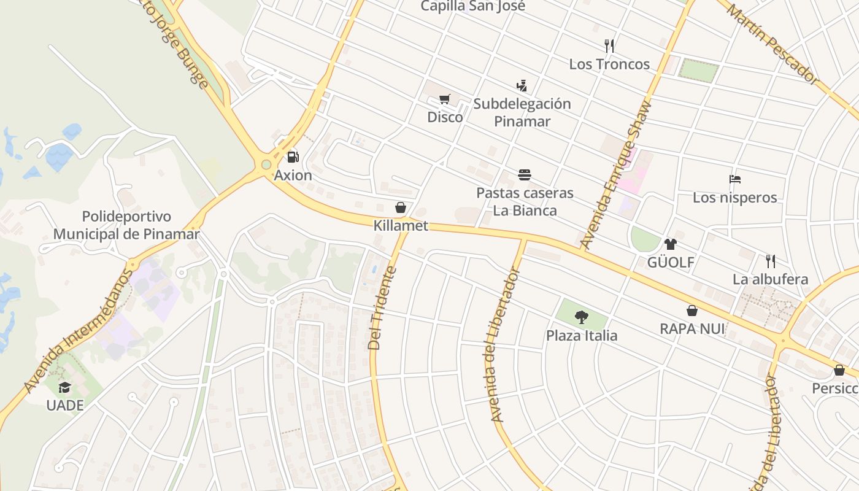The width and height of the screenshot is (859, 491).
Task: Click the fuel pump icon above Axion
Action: click(293, 157)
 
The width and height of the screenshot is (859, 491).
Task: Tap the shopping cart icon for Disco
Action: click(445, 99)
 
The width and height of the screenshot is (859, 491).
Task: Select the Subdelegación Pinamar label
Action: click(522, 112)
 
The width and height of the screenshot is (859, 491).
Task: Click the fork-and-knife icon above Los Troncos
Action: click(609, 46)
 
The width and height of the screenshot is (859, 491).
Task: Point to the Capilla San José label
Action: click(472, 6)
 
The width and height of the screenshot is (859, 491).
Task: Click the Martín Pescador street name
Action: click(774, 42)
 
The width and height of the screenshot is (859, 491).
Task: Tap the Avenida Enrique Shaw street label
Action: click(615, 174)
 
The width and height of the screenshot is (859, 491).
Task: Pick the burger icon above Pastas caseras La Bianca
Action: click(525, 175)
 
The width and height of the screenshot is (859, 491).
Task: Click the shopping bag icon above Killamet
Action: click(401, 208)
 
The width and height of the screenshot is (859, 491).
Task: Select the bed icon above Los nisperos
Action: click(735, 179)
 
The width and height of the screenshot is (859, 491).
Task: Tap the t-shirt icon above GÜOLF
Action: click(670, 244)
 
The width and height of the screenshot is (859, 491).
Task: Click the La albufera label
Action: click(770, 279)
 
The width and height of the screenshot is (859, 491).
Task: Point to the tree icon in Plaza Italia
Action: click(581, 317)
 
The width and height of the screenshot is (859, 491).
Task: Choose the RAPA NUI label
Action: click(692, 329)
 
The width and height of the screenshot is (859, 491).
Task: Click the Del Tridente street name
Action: click(383, 308)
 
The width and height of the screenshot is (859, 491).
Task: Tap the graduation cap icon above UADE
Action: click(65, 387)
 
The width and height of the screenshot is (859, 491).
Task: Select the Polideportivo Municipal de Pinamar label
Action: click(126, 225)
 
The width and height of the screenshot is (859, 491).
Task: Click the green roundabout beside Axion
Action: click(266, 164)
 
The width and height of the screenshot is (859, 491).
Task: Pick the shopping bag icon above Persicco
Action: click(839, 370)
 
